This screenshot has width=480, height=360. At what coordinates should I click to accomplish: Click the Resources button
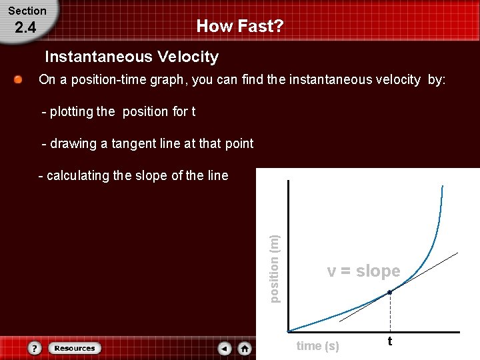click(x=75, y=348)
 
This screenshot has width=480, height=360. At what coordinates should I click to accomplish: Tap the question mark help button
click(x=35, y=348)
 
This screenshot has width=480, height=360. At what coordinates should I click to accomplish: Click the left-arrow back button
click(x=225, y=348)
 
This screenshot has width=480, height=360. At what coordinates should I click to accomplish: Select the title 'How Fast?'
click(x=240, y=27)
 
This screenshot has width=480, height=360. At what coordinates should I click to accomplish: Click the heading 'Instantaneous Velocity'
click(x=131, y=57)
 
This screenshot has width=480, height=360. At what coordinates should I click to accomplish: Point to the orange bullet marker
click(x=19, y=80)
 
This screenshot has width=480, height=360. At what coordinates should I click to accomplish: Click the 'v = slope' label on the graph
click(x=363, y=271)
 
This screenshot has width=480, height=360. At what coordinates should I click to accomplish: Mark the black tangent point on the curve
click(x=390, y=292)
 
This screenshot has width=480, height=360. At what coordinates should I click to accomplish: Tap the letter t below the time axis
click(x=390, y=341)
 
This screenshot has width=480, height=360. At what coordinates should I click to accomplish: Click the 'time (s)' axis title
click(x=317, y=345)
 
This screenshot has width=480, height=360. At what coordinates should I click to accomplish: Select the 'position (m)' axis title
click(x=275, y=267)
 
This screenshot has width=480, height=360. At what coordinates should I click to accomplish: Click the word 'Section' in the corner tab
click(x=27, y=11)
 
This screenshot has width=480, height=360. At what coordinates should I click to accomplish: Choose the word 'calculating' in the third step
click(x=77, y=175)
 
